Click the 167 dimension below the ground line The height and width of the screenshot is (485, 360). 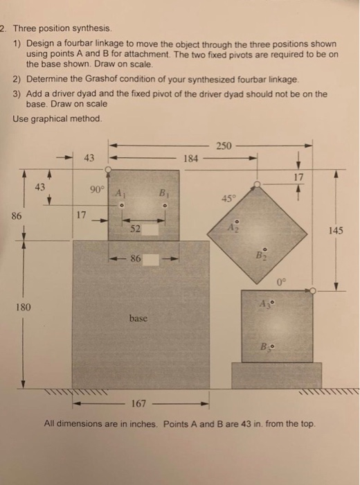point(142,403)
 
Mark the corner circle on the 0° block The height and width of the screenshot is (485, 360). point(314,291)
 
